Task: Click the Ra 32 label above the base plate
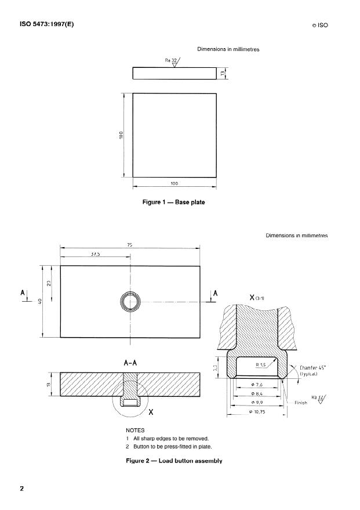tap(172, 60)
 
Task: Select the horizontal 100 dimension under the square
tap(174, 183)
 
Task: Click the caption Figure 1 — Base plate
tap(174, 202)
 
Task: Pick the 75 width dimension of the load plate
tap(129, 245)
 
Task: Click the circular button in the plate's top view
tap(130, 302)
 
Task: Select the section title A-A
tap(130, 363)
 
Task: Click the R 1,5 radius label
tap(263, 364)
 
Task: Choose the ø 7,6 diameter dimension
tap(257, 385)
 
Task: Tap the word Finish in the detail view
tap(300, 402)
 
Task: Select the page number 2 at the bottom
tap(21, 488)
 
